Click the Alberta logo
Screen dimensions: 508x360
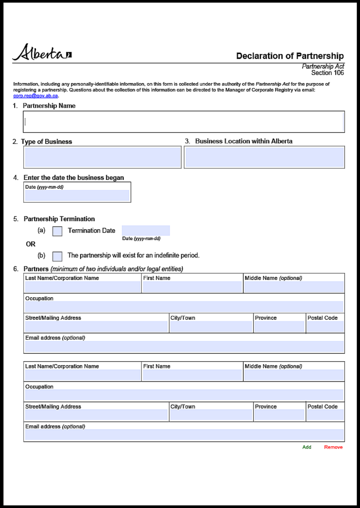pyautogui.click(x=42, y=53)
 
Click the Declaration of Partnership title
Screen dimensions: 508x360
pyautogui.click(x=290, y=56)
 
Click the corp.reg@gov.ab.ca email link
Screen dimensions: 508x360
pyautogui.click(x=36, y=96)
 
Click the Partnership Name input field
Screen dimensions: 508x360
pyautogui.click(x=184, y=122)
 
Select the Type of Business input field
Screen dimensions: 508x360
pyautogui.click(x=102, y=158)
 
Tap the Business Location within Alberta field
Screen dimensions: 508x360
pyautogui.click(x=264, y=158)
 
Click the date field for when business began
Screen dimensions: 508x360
pyautogui.click(x=77, y=196)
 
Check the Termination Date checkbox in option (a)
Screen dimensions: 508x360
pyautogui.click(x=57, y=231)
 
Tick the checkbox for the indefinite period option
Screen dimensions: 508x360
pyautogui.click(x=57, y=256)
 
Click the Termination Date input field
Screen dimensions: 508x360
pyautogui.click(x=146, y=230)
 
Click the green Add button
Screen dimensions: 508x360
pyautogui.click(x=307, y=447)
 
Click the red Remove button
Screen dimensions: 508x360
pyautogui.click(x=333, y=447)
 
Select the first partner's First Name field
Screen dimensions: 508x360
pyautogui.click(x=192, y=287)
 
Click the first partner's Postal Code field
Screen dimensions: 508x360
pyautogui.click(x=325, y=327)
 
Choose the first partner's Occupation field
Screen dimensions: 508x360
pyautogui.click(x=184, y=307)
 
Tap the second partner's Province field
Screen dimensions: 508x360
pyautogui.click(x=279, y=415)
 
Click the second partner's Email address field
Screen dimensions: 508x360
pyautogui.click(x=184, y=435)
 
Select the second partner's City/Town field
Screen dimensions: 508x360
pyautogui.click(x=211, y=415)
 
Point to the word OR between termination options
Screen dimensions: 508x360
pyautogui.click(x=30, y=244)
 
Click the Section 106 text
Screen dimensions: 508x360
pyautogui.click(x=327, y=73)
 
